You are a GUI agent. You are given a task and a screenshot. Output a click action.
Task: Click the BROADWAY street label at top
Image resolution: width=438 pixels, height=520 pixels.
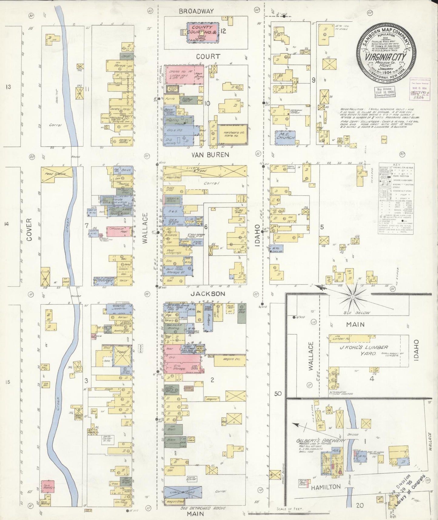(x=196, y=11)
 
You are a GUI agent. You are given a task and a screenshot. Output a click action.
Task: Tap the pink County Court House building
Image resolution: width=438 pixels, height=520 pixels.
(x=202, y=32)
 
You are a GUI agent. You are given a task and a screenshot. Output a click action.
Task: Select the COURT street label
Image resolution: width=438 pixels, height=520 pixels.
(x=208, y=56)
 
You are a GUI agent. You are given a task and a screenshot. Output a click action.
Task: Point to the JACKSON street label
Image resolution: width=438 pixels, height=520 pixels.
(x=208, y=294)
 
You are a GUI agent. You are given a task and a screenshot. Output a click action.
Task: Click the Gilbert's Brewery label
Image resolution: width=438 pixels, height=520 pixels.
(x=321, y=441)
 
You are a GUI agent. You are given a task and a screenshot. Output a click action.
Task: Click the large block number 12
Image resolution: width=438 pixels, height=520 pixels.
(x=223, y=31)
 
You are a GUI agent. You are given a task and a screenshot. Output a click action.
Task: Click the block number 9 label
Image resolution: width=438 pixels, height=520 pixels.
(x=314, y=80)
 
